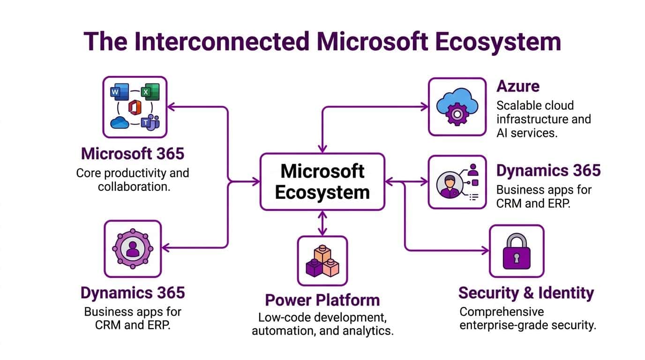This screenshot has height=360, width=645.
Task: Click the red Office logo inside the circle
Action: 135,107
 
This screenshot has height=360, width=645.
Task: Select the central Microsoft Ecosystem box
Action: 322,181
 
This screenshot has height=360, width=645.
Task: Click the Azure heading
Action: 517,86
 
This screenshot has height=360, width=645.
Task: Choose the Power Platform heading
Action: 322,300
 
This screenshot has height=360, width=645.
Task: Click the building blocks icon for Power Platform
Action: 322,261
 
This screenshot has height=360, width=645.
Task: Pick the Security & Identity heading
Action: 525,293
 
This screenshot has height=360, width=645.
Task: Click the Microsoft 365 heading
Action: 133,153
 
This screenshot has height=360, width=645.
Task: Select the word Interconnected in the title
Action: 219,41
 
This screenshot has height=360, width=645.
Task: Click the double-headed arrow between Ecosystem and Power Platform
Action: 322,223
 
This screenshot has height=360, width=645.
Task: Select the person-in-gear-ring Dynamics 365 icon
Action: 133,248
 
